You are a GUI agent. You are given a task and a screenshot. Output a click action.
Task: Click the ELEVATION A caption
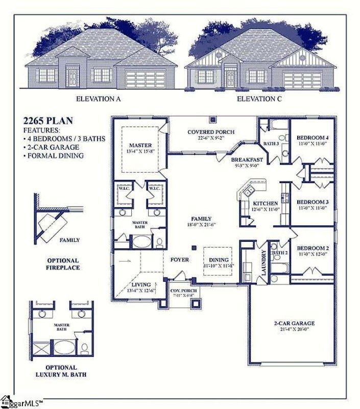98,99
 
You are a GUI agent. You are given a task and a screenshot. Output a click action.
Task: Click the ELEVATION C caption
259,99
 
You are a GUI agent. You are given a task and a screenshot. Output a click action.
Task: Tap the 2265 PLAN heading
48,121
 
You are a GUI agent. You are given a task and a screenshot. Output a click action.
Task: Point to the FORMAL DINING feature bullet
56,155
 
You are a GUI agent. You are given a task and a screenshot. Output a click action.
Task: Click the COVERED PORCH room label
211,132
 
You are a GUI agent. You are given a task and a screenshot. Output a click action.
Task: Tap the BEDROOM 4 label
312,138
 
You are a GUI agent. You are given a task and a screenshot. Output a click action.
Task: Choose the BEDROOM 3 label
312,202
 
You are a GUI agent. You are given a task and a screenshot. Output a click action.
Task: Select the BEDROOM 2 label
312,248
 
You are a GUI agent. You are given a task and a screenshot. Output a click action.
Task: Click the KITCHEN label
265,203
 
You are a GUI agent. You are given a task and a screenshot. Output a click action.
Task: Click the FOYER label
179,260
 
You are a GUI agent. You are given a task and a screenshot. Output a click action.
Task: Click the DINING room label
219,260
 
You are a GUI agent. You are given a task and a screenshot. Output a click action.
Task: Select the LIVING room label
140,284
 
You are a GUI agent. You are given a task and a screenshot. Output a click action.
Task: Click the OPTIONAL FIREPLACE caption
63,264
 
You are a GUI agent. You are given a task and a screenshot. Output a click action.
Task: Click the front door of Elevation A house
73,78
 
